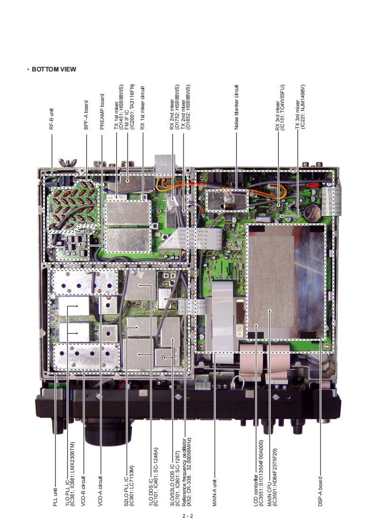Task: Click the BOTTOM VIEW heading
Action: coord(54,70)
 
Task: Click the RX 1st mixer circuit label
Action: coord(142,107)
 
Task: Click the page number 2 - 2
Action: coord(187,516)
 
